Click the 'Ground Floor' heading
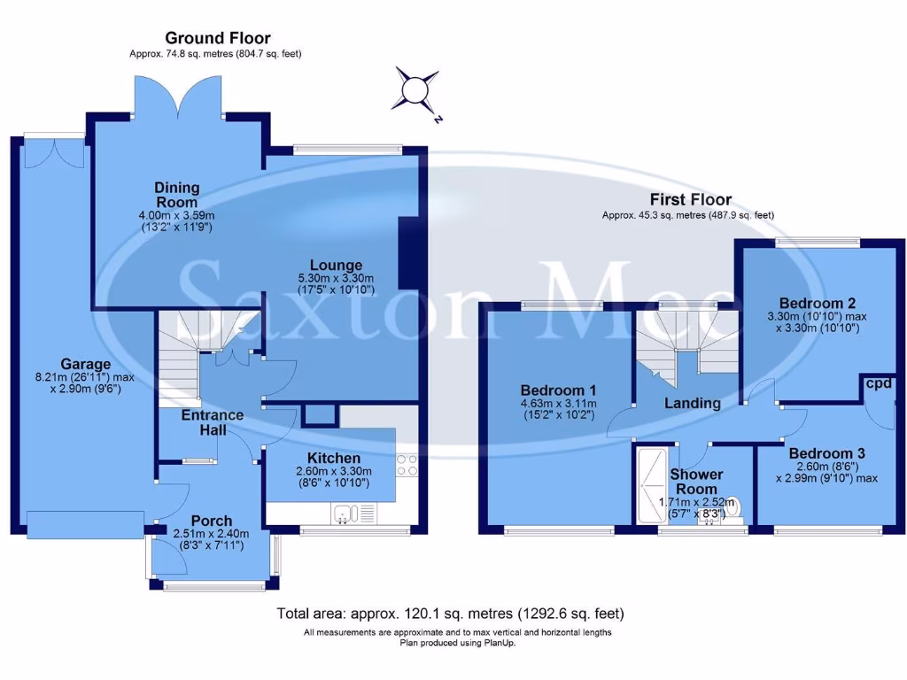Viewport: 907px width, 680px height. (x=217, y=38)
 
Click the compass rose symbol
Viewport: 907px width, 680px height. (x=415, y=90)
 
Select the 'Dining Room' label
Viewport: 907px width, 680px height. (x=176, y=194)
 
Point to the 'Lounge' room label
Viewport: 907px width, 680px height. (x=336, y=265)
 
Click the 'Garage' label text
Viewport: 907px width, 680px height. (x=85, y=363)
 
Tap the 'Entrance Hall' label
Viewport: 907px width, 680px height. (x=213, y=422)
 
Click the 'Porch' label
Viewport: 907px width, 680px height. (x=212, y=521)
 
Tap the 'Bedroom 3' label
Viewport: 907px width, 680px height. (x=826, y=453)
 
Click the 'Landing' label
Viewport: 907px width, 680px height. (x=693, y=403)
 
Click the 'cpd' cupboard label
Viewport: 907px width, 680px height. (x=879, y=383)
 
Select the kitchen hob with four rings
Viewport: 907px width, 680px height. (x=407, y=466)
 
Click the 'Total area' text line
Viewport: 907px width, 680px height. (x=451, y=613)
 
